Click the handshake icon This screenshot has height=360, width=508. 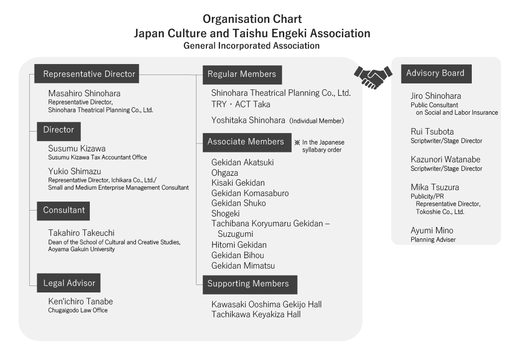373,77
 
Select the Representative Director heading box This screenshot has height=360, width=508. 86,73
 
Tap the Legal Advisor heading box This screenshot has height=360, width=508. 68,283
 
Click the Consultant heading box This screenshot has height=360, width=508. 63,211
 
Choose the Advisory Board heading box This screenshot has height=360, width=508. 436,73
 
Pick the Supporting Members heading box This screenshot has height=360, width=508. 250,285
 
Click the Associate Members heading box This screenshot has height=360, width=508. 247,143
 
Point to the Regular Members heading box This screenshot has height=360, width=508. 242,74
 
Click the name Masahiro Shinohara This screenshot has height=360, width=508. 84,93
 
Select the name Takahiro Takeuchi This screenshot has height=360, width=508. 81,233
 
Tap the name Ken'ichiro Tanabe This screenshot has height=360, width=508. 81,301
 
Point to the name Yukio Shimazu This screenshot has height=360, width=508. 74,171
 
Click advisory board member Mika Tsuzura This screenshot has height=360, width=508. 435,188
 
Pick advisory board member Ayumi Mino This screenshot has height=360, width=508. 432,230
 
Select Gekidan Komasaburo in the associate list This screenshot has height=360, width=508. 250,193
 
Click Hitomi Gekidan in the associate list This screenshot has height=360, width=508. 239,245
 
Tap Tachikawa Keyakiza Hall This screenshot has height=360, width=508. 256,314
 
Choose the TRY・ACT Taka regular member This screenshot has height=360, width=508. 241,104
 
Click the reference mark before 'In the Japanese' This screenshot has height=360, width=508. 297,143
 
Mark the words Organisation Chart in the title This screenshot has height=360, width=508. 252,19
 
